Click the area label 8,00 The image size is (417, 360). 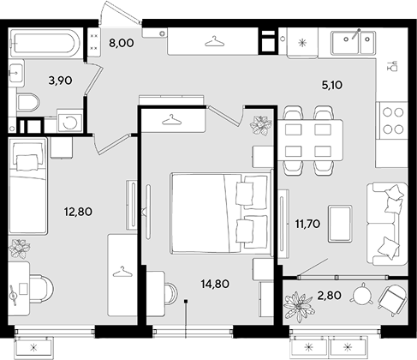[122, 43]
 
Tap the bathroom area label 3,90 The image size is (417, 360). [60, 81]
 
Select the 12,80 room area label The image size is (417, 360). [78, 212]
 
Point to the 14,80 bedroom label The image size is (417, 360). [215, 284]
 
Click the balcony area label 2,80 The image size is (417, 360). [329, 295]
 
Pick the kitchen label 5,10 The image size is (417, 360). [332, 85]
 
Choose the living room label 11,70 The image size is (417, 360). [307, 224]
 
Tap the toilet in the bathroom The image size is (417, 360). [28, 103]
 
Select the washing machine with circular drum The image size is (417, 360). [69, 123]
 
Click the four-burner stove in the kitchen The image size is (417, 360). [393, 121]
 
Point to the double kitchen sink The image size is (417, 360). [353, 43]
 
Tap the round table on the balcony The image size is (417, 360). [363, 295]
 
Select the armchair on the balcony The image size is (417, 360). [392, 299]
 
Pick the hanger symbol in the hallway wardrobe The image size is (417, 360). [215, 41]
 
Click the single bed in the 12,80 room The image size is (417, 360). [27, 186]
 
